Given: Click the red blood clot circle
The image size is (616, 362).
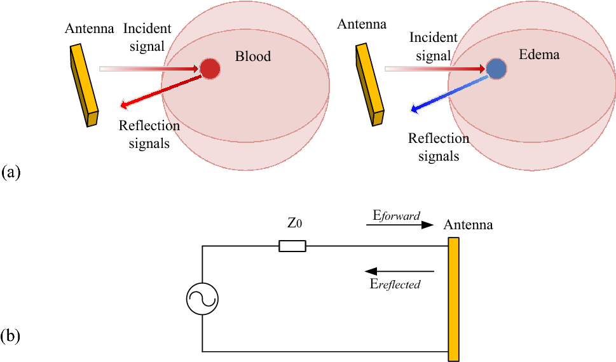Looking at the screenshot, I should (210, 68).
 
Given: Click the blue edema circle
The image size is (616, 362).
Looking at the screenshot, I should (496, 68).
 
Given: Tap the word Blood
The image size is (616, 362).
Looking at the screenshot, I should (252, 57).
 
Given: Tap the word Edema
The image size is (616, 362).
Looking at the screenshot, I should (539, 55).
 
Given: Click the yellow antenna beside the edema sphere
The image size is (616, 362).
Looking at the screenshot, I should (369, 84).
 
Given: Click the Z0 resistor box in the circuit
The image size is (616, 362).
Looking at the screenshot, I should (292, 246).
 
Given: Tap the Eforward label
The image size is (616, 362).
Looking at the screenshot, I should (395, 216).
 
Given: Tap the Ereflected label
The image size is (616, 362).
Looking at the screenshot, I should (395, 285).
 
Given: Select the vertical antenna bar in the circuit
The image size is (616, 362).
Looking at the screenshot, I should (453, 298).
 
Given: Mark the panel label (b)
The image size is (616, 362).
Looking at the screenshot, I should (12, 335).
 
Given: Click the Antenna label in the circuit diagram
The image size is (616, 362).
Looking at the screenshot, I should (468, 225).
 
